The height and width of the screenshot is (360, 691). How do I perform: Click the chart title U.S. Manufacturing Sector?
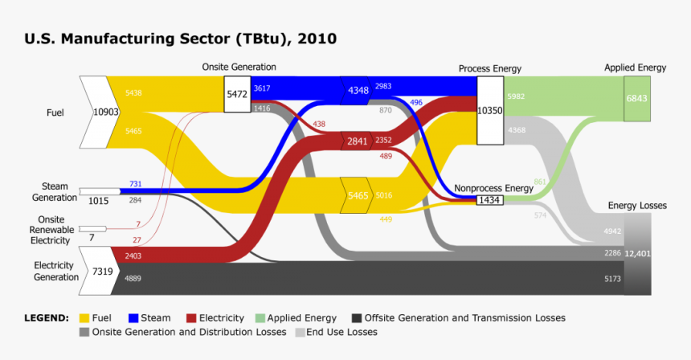point(181,39)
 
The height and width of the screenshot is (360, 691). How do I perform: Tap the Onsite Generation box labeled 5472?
point(237,94)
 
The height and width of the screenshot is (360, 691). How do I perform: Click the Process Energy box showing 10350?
point(490,110)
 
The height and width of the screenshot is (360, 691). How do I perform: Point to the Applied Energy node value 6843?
point(636,98)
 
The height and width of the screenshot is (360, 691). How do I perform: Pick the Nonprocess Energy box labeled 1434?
point(490,199)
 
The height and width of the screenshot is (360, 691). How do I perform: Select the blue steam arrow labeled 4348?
point(358,90)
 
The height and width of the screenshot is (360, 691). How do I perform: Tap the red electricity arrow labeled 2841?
point(357,141)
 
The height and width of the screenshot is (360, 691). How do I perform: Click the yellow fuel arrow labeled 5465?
point(358,195)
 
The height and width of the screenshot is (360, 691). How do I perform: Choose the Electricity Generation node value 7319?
point(102,272)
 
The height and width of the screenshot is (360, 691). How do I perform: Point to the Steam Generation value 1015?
point(99,201)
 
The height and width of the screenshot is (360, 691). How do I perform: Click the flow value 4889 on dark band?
point(133,278)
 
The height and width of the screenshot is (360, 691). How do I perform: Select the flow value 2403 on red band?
point(133,256)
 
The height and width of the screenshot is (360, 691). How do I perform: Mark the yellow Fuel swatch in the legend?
point(84,318)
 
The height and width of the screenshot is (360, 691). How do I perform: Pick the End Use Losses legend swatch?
point(301,332)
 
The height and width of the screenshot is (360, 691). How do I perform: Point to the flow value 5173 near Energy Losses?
point(612,279)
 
